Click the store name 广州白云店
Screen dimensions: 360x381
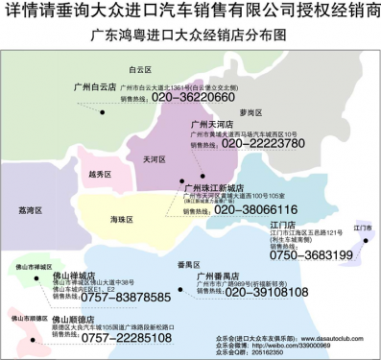click(x=95, y=85)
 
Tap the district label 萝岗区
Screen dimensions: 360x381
click(x=250, y=112)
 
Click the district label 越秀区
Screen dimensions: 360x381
click(x=99, y=175)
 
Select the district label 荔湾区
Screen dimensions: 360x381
click(x=32, y=208)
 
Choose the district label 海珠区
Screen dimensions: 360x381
click(x=121, y=220)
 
